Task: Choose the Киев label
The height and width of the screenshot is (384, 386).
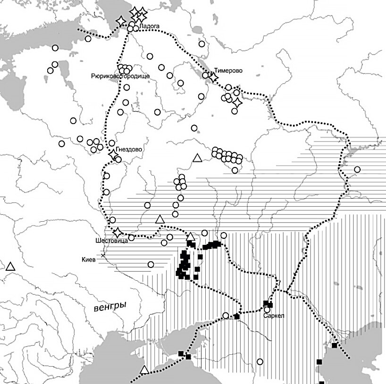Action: (x=89, y=259)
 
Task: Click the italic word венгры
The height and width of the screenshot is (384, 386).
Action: (x=109, y=307)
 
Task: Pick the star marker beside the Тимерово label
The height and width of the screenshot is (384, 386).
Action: (x=213, y=77)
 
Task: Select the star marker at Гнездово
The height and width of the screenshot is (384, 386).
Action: (x=113, y=154)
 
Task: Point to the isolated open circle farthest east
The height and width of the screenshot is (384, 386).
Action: (x=357, y=169)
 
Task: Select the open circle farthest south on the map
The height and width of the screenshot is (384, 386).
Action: (x=260, y=361)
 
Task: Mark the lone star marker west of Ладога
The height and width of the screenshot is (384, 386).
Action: (x=121, y=21)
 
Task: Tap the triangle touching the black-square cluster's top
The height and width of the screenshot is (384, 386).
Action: (x=191, y=237)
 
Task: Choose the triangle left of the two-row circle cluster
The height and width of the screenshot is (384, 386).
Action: (x=198, y=159)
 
